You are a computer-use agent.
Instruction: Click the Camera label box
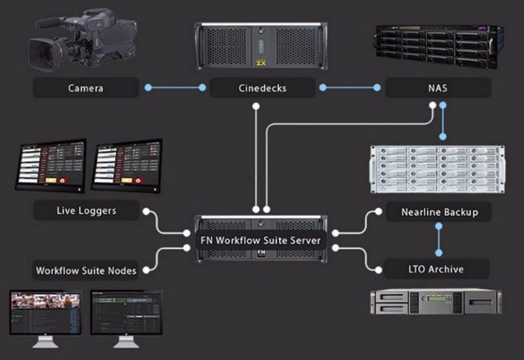(x=85, y=88)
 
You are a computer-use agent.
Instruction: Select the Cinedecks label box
(x=262, y=88)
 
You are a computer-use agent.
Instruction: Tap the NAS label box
(x=437, y=87)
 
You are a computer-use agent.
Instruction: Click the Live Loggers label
(x=86, y=211)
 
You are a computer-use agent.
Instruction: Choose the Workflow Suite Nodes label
(x=86, y=271)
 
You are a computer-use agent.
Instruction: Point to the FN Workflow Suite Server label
(x=261, y=240)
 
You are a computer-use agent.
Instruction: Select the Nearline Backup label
(x=437, y=212)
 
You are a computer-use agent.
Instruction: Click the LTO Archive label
(x=437, y=269)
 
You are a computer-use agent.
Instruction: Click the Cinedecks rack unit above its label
(x=261, y=47)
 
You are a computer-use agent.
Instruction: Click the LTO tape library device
(x=436, y=301)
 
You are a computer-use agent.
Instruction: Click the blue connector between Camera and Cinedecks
(x=174, y=87)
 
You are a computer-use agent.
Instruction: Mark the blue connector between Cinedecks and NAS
(x=350, y=87)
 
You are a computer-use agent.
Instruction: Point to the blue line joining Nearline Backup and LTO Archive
(x=437, y=240)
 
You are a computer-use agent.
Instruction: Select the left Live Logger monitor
(x=52, y=166)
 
